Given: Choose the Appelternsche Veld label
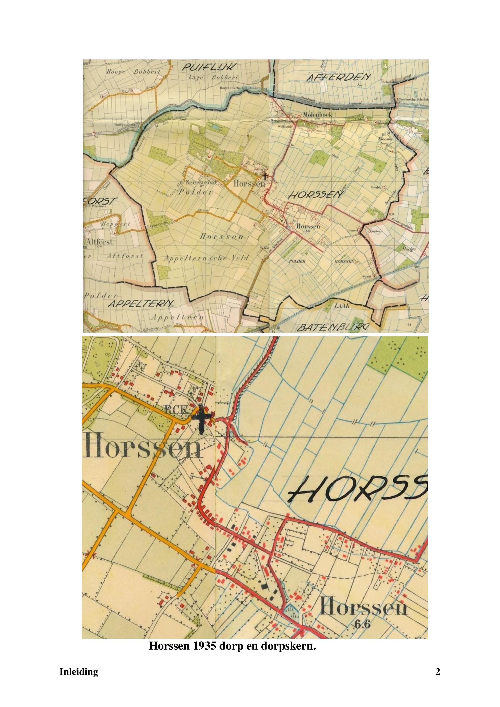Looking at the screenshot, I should (x=206, y=258).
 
